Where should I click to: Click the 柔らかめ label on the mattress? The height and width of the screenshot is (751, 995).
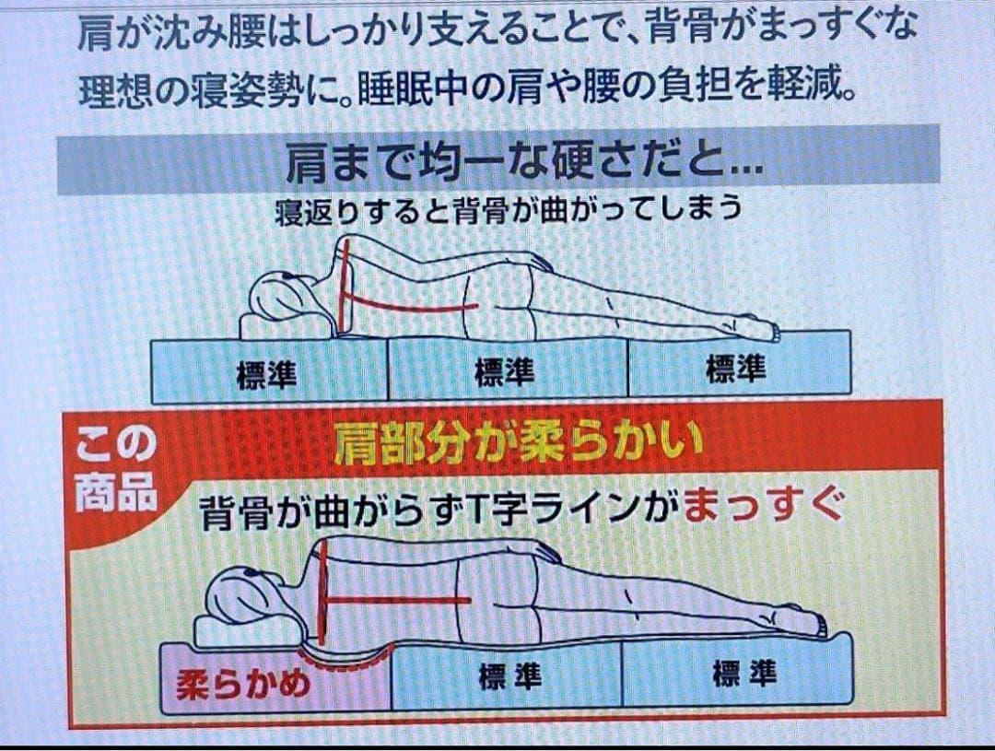tap(243, 685)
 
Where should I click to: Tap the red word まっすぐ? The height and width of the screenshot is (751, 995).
tap(766, 509)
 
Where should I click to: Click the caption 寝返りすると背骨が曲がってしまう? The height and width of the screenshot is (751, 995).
tap(509, 209)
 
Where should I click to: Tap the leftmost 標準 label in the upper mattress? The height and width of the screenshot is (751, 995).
tap(266, 374)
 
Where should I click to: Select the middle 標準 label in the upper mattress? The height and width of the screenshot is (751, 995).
tap(505, 371)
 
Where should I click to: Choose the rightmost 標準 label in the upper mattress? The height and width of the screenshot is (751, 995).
tap(736, 369)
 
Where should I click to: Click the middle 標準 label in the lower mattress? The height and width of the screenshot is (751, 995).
tap(509, 676)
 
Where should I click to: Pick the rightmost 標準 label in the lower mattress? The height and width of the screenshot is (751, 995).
tap(744, 674)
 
